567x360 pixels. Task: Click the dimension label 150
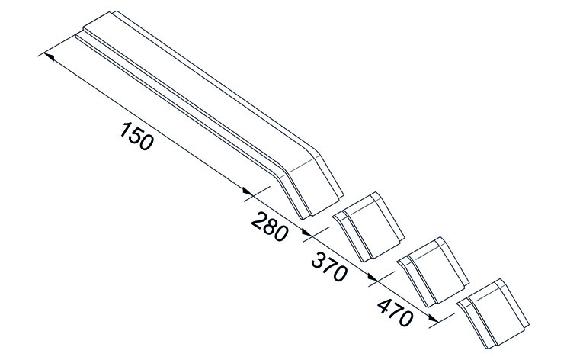coord(136,136)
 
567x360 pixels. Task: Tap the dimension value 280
coord(270,227)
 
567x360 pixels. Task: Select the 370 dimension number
coord(329,268)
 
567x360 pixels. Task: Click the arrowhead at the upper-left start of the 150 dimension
coord(50,56)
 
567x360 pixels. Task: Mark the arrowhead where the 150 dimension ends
coord(248,191)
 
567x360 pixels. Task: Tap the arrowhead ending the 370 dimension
coord(373,277)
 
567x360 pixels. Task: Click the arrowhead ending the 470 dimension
coord(434,318)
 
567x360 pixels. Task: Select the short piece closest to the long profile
coord(368,227)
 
